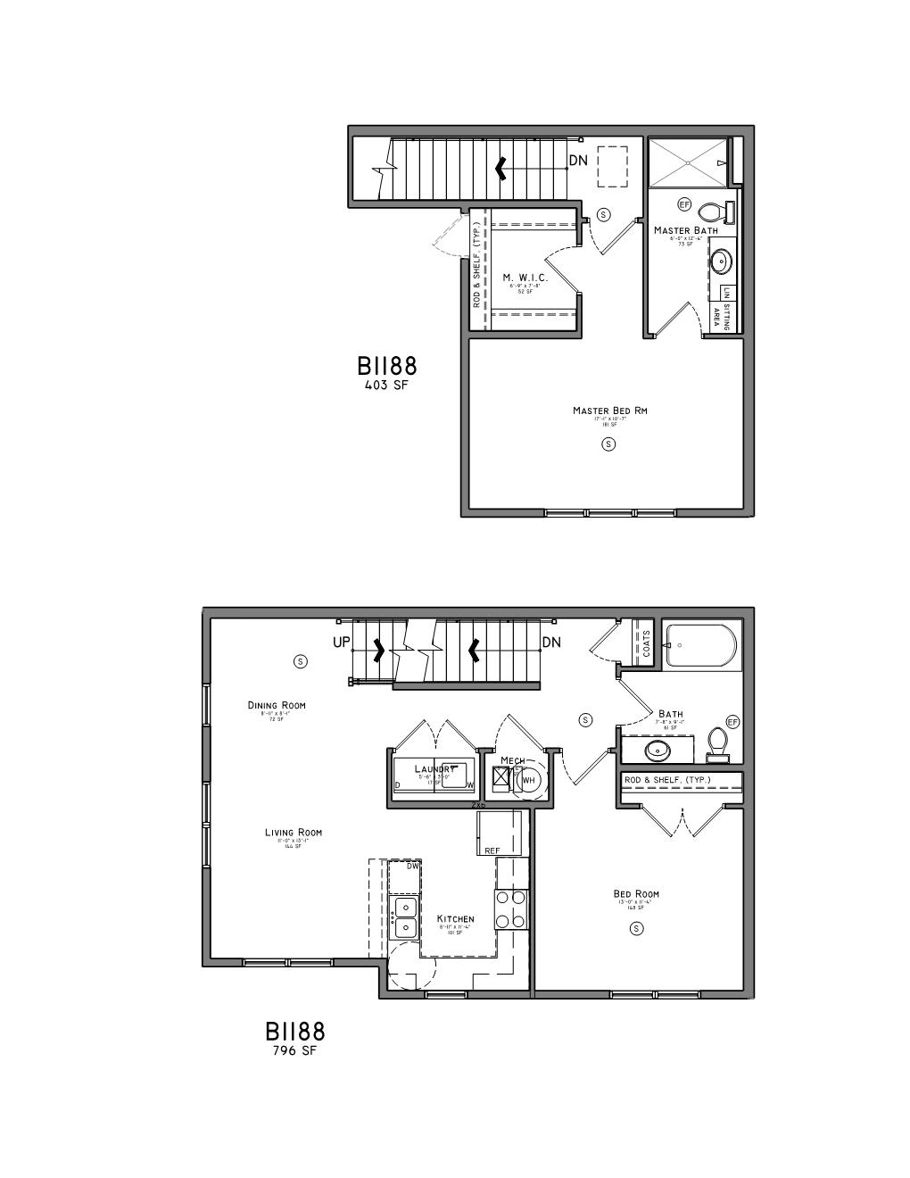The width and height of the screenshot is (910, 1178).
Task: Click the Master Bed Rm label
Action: tap(609, 411)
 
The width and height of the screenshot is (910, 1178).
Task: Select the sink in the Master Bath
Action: tap(720, 262)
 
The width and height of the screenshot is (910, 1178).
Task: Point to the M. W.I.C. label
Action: tap(525, 278)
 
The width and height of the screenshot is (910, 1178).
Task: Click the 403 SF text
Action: tap(386, 386)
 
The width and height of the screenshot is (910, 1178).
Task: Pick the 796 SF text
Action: tap(294, 1050)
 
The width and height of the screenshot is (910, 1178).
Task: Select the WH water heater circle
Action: tap(528, 780)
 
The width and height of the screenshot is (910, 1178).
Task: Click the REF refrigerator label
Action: tap(492, 850)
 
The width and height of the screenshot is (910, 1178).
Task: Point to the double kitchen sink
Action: tap(404, 917)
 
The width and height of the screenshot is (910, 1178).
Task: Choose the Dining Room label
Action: tap(277, 705)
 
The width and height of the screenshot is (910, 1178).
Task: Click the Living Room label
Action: tap(294, 833)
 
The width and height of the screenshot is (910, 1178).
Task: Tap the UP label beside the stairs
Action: tap(342, 642)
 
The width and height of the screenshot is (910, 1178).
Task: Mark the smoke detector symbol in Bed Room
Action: tap(637, 928)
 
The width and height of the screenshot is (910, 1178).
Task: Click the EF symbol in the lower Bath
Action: tap(733, 721)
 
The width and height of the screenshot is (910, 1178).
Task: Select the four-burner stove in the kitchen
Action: tap(511, 908)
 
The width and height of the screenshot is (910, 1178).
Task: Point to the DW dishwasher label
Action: tap(412, 866)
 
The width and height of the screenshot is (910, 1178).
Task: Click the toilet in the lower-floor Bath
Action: tap(717, 743)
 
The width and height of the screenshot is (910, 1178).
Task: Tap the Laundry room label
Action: tap(434, 768)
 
